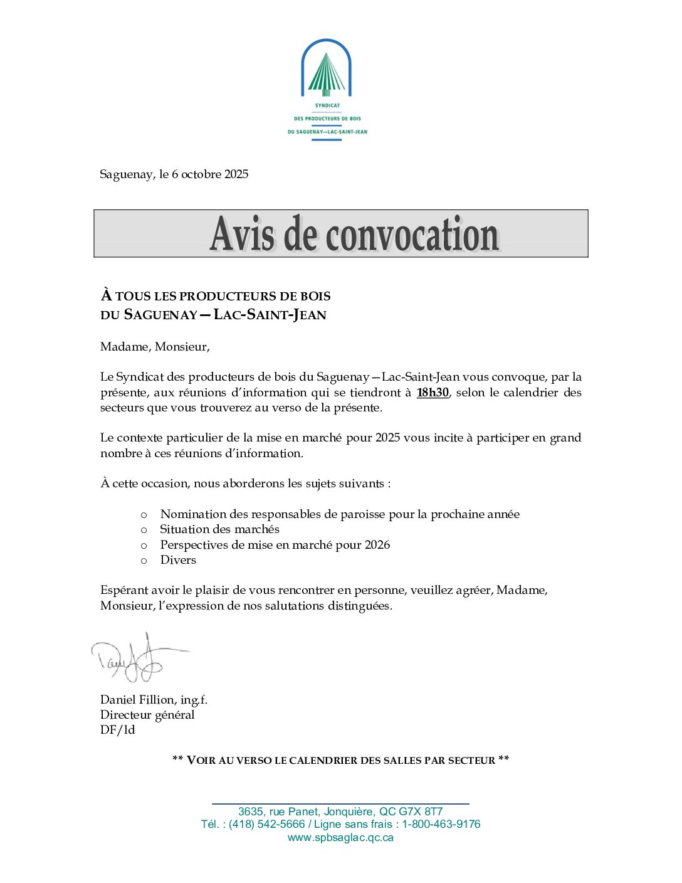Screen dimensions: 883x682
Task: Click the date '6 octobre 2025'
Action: point(210,174)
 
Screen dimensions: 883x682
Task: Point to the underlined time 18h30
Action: point(433,393)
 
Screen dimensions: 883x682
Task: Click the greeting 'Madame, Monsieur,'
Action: point(155,347)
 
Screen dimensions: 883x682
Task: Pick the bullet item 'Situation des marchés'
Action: point(219,529)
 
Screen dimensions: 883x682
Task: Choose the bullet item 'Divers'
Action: point(178,560)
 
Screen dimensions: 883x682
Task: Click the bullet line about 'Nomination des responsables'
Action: point(339,514)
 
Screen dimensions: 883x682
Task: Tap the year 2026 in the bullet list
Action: point(377,545)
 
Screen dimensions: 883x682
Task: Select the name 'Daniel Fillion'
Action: point(137,700)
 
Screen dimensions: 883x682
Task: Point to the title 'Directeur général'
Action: point(147,715)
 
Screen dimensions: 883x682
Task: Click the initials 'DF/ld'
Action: point(117,730)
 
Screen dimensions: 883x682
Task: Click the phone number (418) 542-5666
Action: point(267,824)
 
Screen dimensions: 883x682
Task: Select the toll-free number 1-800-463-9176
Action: point(441,824)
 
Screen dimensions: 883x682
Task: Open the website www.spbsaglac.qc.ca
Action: point(340,837)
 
